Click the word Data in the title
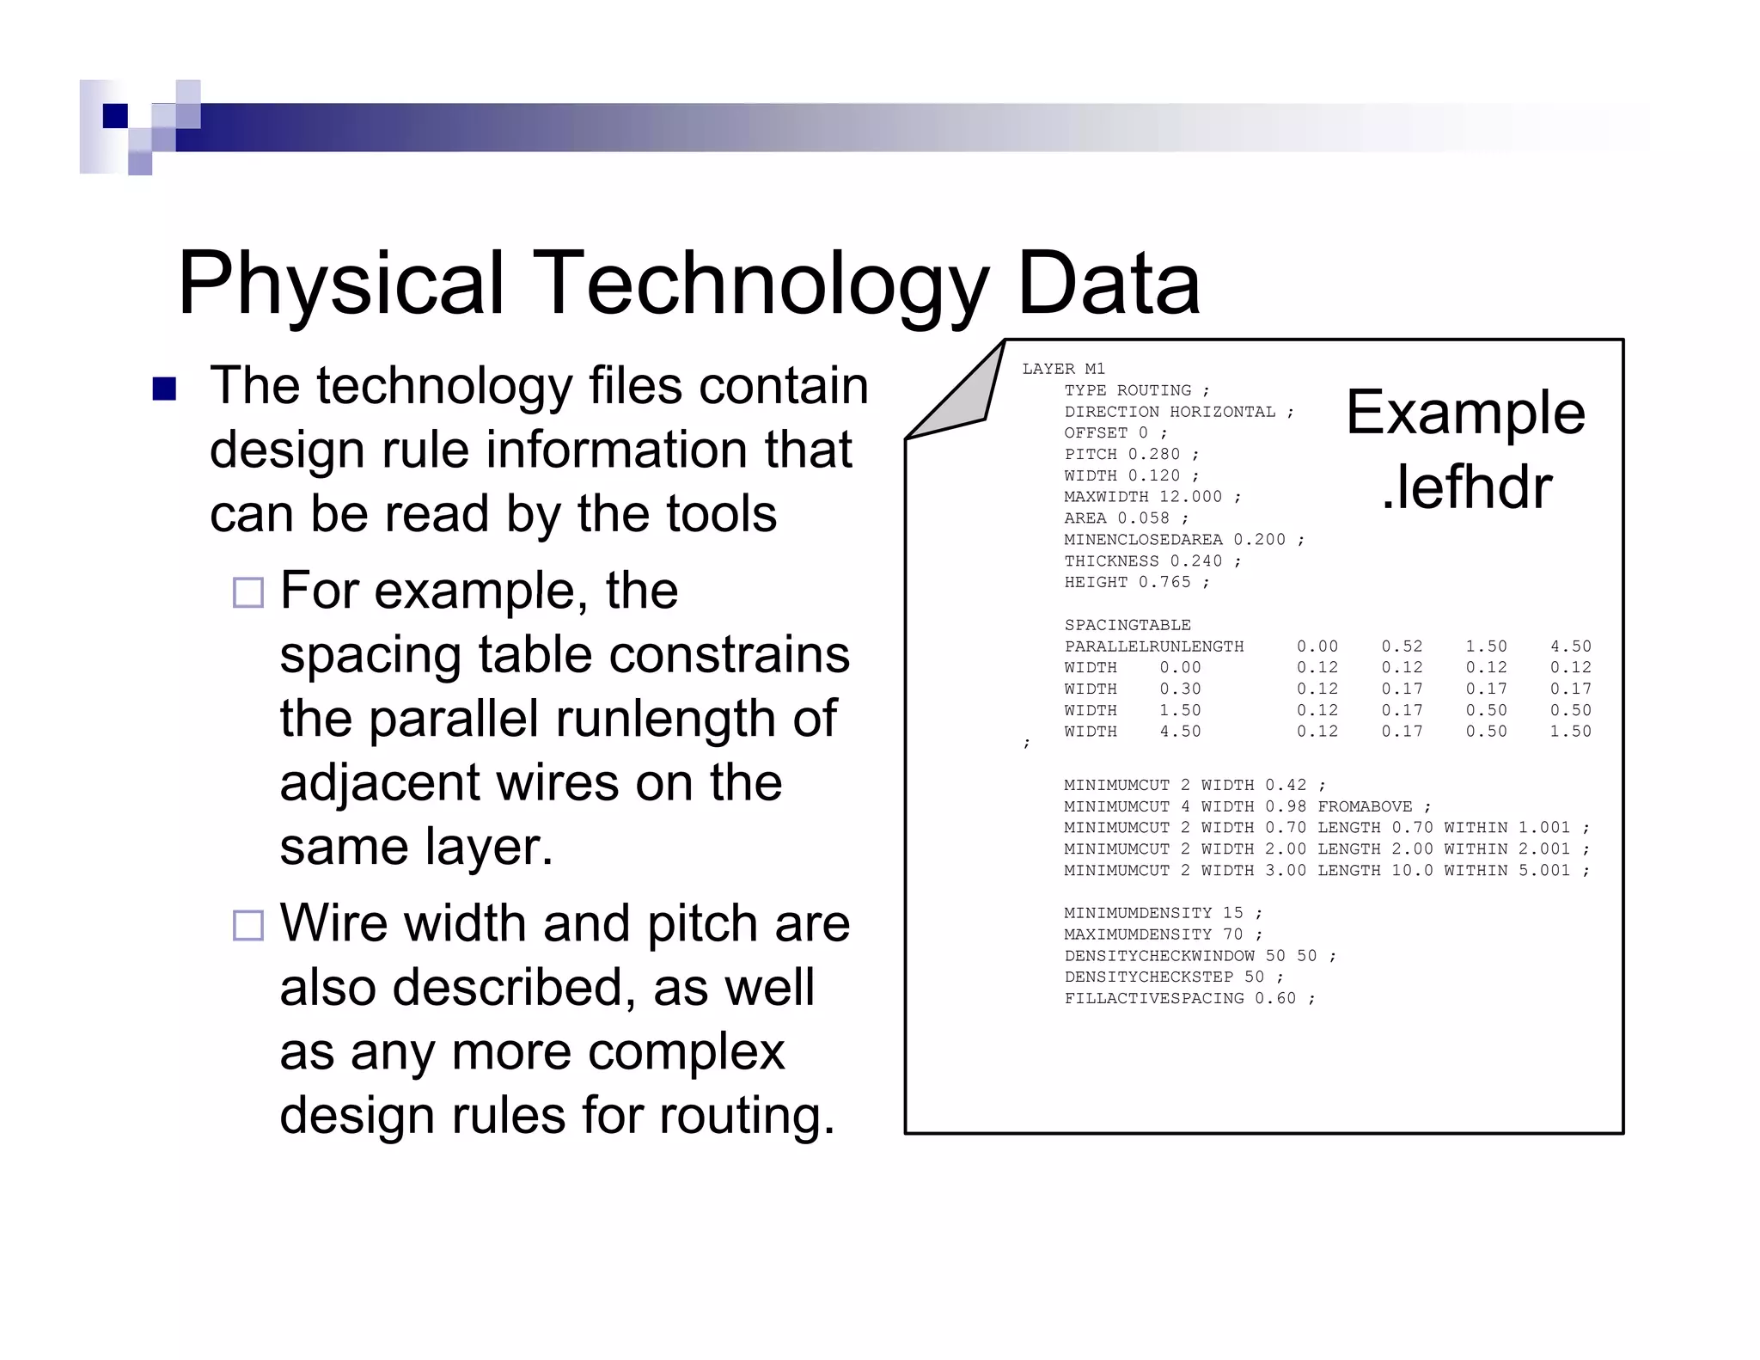point(1108,284)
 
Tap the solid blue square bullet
point(163,389)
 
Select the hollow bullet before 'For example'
point(248,592)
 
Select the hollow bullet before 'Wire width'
point(248,925)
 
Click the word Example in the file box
point(1465,414)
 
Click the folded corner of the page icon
point(962,395)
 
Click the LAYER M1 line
point(1063,369)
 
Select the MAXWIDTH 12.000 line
point(1152,497)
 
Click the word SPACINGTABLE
point(1127,625)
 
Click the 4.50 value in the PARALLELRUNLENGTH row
point(1570,646)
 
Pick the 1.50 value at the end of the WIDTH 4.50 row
point(1570,732)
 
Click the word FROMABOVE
point(1365,806)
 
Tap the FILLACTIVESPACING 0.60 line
point(1189,998)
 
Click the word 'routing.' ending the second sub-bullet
point(747,1116)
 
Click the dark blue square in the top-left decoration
point(115,115)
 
